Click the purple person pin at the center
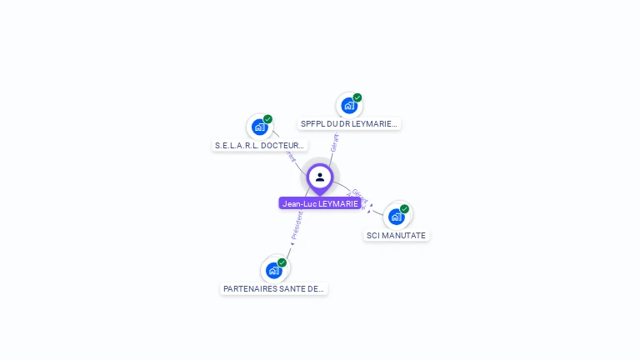(x=320, y=177)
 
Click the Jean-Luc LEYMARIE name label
(x=320, y=203)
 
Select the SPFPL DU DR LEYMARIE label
(x=349, y=124)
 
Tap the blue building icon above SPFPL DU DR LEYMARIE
(x=349, y=106)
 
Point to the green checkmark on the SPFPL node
(x=357, y=97)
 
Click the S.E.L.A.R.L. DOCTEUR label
(x=259, y=146)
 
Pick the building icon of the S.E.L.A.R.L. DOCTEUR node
(x=259, y=127)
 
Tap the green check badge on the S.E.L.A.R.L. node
(x=267, y=119)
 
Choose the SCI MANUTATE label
(x=396, y=236)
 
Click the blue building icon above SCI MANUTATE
(x=396, y=217)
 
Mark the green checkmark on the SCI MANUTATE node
(x=404, y=209)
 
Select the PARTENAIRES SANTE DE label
(x=273, y=289)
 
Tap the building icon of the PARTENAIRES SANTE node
(x=273, y=270)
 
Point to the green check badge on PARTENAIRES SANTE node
(x=282, y=262)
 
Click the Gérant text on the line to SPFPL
(x=334, y=142)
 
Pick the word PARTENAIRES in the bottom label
(x=247, y=289)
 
